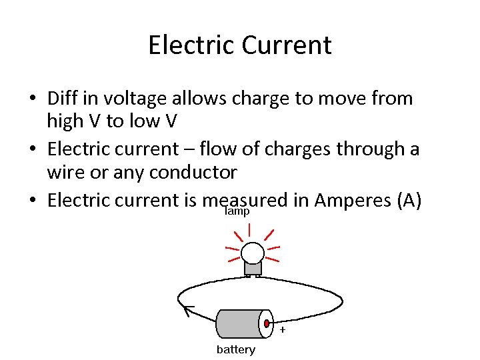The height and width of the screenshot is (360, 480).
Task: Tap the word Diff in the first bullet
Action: (x=62, y=99)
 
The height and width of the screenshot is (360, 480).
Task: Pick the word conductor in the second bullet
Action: (x=193, y=173)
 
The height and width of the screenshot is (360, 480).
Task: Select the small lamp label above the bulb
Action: (x=237, y=211)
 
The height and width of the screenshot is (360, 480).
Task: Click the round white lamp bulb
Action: (x=253, y=253)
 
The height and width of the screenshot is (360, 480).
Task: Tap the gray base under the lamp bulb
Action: (x=253, y=268)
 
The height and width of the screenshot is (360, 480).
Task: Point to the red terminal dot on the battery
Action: (x=267, y=324)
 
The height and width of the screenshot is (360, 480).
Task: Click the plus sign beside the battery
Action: (x=283, y=330)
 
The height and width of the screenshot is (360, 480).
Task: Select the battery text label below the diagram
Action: (x=235, y=350)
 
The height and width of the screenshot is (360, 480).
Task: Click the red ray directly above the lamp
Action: (x=249, y=230)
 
